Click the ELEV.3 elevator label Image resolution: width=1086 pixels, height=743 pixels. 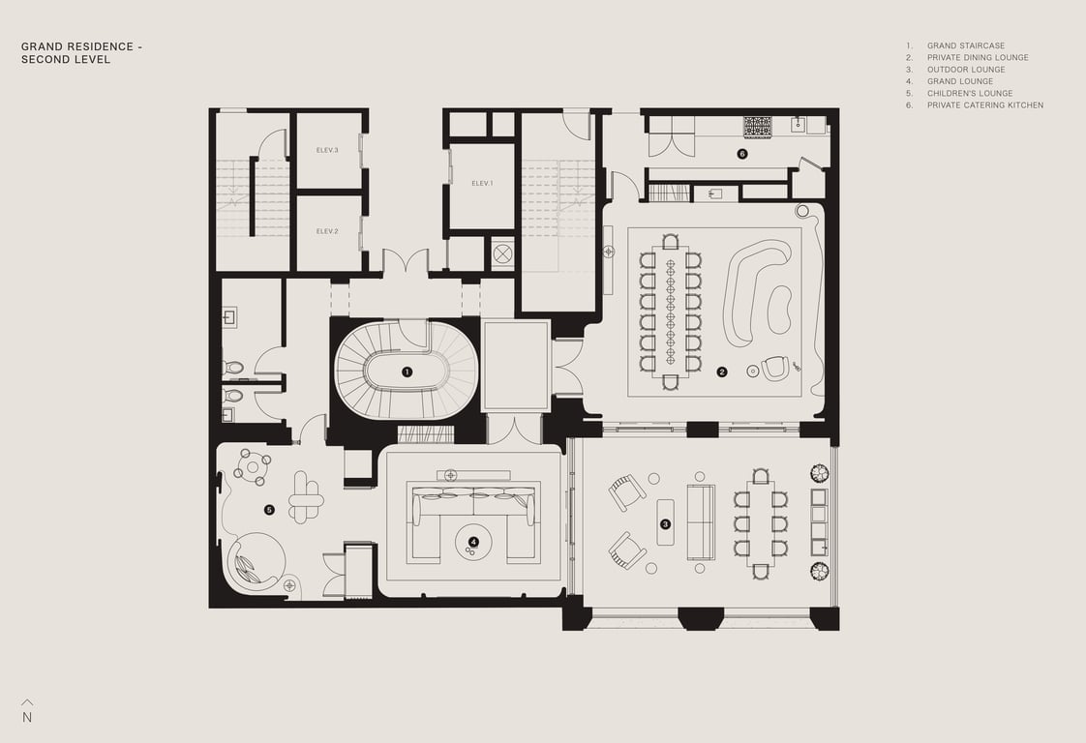(x=327, y=150)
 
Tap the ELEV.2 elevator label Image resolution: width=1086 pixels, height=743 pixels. (x=327, y=231)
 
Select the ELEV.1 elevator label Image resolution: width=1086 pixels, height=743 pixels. (x=482, y=184)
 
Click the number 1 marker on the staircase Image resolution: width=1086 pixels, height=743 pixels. (x=407, y=371)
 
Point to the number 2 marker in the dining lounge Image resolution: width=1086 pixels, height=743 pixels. (x=722, y=371)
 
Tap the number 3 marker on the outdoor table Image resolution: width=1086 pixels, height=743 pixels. (x=665, y=524)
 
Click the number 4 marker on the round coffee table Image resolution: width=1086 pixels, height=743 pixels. (x=473, y=542)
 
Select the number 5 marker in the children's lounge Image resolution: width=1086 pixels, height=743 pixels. (x=269, y=511)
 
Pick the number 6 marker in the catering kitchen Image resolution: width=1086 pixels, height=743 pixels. (x=742, y=154)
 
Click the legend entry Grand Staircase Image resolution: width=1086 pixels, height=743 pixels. (x=965, y=45)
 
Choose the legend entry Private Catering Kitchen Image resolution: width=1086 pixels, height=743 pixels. (x=985, y=105)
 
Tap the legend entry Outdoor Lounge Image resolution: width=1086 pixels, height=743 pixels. (x=966, y=70)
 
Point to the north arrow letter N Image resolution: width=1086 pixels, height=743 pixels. (x=27, y=718)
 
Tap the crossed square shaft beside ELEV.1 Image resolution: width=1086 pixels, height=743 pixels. (x=503, y=253)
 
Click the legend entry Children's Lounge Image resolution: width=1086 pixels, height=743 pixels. (x=970, y=94)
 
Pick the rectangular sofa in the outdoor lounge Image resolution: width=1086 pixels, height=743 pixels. (x=701, y=522)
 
